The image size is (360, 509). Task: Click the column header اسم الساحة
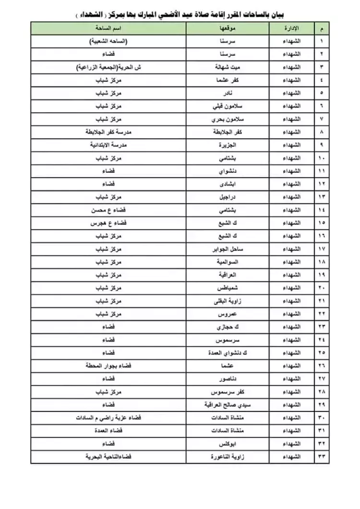(108, 28)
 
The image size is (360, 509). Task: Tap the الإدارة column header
(291, 28)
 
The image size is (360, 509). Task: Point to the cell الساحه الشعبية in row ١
(108, 41)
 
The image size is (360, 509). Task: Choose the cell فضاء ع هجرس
(108, 223)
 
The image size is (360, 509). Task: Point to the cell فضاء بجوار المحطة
(108, 365)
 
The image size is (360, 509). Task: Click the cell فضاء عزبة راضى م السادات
(108, 417)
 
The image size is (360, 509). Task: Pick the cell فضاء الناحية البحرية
(108, 456)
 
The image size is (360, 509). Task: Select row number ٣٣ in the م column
(322, 456)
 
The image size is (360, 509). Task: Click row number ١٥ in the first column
(322, 223)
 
